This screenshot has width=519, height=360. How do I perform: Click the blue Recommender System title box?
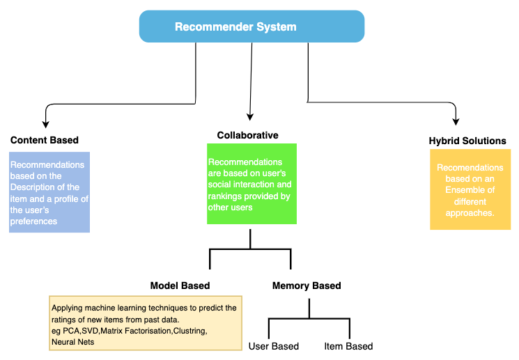click(251, 27)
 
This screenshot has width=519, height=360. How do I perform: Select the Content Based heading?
click(45, 140)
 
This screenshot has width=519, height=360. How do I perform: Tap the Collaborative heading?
click(247, 135)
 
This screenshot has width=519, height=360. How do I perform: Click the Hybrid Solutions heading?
click(467, 141)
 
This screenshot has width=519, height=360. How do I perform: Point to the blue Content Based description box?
click(49, 193)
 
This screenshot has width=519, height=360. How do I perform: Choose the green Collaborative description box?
click(251, 184)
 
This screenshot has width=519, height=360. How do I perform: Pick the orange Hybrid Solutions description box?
click(470, 191)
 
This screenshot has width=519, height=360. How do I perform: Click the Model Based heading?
click(180, 285)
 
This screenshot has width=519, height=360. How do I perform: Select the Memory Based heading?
click(307, 285)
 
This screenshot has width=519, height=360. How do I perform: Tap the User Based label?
click(274, 346)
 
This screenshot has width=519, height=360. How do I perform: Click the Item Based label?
click(348, 346)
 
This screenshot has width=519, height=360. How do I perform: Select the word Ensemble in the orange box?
click(470, 190)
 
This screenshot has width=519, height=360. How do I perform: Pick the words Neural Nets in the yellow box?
click(72, 342)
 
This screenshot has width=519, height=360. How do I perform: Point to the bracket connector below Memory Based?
click(309, 320)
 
